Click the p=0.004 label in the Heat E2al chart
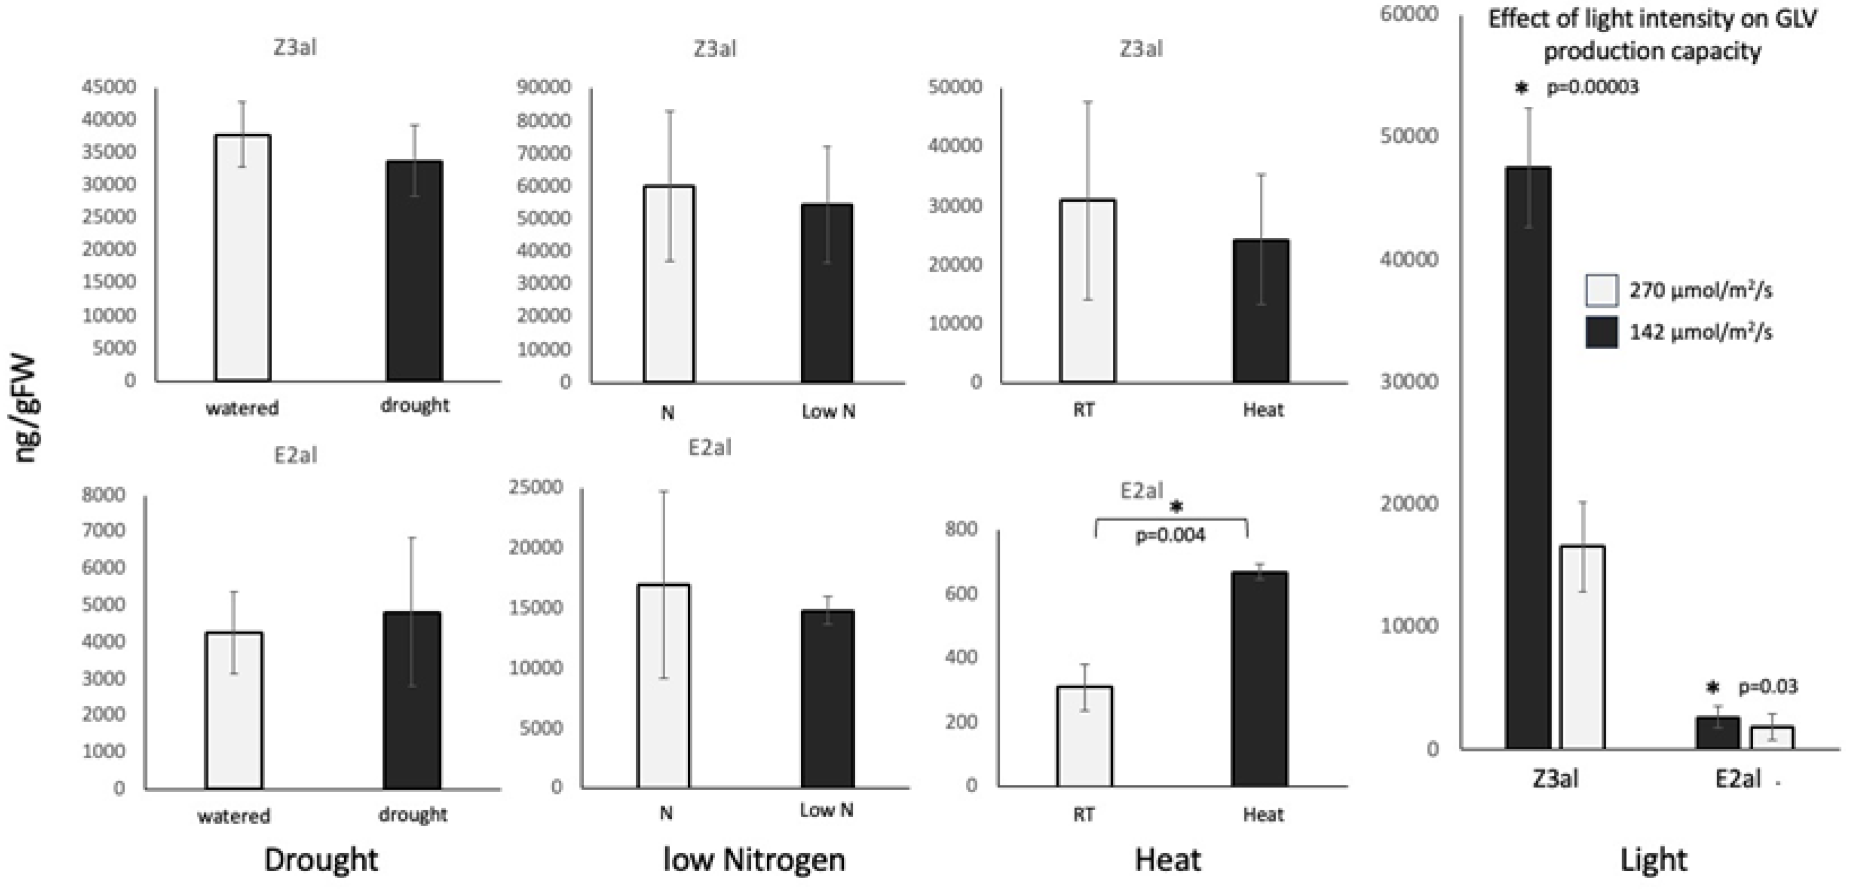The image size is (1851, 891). click(x=1170, y=535)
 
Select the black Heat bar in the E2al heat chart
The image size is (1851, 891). click(x=1260, y=679)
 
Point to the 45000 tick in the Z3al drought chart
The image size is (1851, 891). click(x=109, y=87)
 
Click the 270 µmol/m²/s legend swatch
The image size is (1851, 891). click(x=1601, y=290)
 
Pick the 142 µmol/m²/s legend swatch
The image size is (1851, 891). click(x=1601, y=332)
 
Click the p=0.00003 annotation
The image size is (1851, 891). click(x=1592, y=88)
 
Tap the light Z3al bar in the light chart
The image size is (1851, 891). click(x=1583, y=647)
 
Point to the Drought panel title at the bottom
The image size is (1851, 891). click(x=320, y=859)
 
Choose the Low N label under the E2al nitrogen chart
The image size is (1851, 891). click(x=826, y=811)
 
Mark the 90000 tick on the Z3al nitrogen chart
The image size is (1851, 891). click(x=544, y=87)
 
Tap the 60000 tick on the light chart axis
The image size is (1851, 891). click(x=1408, y=14)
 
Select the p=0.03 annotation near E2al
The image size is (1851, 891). click(x=1768, y=687)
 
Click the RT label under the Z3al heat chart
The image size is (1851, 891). click(x=1083, y=410)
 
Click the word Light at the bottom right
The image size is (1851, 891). click(x=1653, y=859)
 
